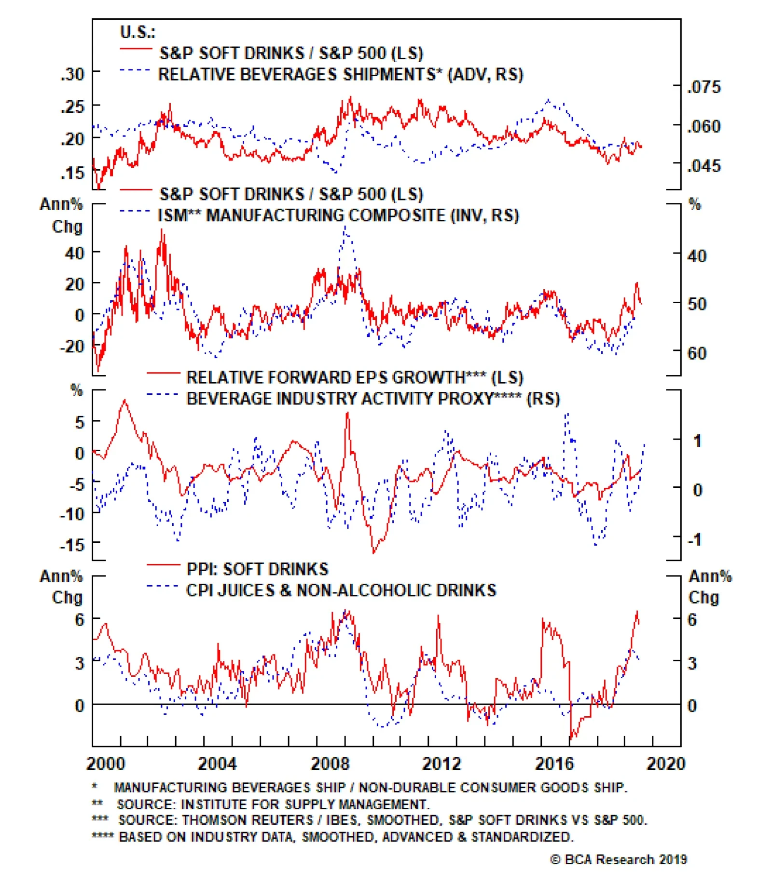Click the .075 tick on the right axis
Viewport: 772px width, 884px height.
point(703,87)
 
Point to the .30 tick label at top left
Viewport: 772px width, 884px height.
point(72,74)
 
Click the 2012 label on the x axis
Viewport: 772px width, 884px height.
point(441,763)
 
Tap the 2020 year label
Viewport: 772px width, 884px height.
point(666,763)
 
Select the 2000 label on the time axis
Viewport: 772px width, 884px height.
point(106,763)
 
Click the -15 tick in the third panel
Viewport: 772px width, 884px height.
point(72,545)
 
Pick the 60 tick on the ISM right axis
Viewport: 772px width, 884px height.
point(697,353)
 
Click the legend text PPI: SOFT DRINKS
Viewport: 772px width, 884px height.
point(257,569)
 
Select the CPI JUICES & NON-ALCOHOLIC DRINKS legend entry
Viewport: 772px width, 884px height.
point(341,590)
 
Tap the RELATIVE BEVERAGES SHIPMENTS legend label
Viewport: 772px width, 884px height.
point(341,75)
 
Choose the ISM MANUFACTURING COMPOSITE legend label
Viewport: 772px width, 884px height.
point(338,215)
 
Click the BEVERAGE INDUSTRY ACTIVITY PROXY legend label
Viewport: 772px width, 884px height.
point(372,399)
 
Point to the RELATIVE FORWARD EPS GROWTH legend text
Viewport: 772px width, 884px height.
point(355,377)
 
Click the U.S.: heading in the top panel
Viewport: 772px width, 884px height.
point(138,32)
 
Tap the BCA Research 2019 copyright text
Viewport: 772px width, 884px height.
point(619,859)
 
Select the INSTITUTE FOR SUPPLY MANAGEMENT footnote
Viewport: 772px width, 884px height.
point(273,804)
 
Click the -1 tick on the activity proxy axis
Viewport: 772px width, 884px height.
point(694,539)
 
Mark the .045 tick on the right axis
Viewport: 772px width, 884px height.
point(703,166)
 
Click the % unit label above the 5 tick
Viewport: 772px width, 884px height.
point(76,390)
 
